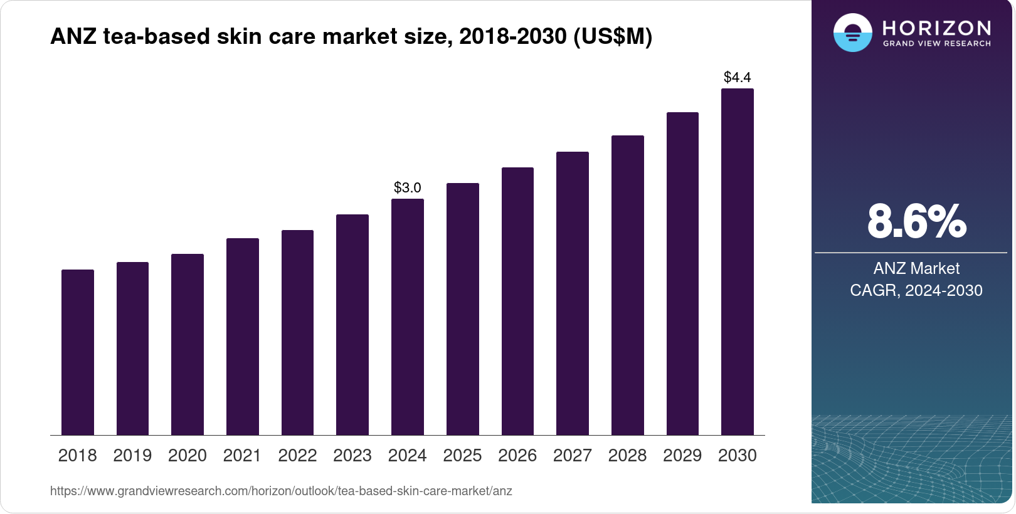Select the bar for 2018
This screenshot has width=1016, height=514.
coord(78,352)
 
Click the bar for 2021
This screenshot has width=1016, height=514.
coord(243,337)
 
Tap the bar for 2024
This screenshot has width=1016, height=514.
coord(408,317)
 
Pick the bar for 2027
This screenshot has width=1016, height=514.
coord(573,293)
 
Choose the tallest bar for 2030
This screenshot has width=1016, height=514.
coord(738,262)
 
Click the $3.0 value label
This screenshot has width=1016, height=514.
coord(408,187)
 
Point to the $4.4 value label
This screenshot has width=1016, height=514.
coord(738,77)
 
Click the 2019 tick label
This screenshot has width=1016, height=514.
coord(132,456)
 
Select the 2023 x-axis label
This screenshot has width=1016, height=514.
coord(352,456)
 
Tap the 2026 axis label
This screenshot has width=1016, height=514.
coord(517,456)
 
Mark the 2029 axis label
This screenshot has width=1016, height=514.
coord(682,456)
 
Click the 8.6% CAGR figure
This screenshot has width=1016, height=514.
coord(916,221)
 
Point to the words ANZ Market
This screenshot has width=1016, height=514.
coord(916,268)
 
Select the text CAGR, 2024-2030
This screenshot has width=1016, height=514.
coord(916,290)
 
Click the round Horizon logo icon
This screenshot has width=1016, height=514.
coord(852,33)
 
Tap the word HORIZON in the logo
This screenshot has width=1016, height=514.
coord(937,28)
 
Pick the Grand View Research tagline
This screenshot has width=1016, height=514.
coord(937,44)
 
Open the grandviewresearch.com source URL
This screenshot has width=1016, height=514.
coord(281,491)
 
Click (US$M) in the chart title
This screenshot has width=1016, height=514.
coord(613,36)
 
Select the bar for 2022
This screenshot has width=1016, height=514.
coord(297,332)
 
